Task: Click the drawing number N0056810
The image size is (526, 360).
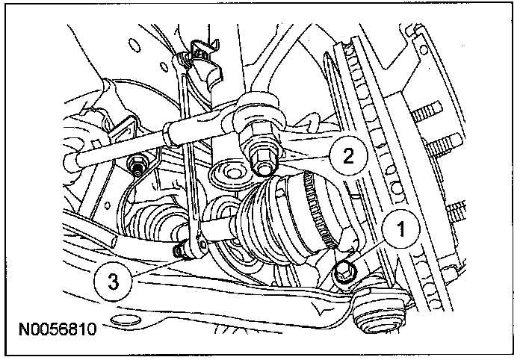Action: coord(59,328)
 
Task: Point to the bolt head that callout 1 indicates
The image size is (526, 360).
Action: coord(345,270)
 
